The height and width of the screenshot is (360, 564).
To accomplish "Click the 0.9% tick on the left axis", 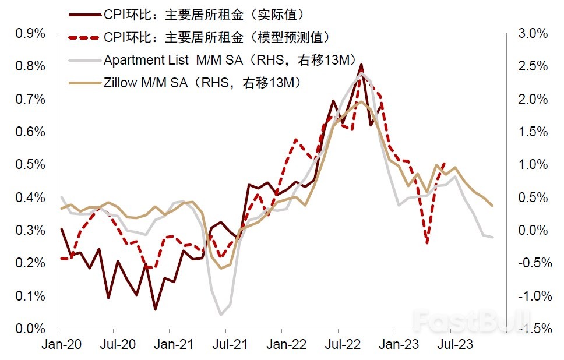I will click(29, 33).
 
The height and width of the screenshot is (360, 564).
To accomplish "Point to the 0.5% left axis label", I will click(29, 165).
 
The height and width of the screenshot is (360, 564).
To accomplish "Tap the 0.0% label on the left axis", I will click(29, 329).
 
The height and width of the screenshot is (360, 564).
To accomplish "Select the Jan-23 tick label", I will click(395, 344).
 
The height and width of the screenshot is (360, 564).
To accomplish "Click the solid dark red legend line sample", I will click(84, 14).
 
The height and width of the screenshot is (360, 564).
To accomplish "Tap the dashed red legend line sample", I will click(84, 37).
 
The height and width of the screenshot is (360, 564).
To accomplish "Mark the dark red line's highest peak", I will click(361, 65).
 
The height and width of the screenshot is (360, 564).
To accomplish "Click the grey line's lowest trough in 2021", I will click(221, 315).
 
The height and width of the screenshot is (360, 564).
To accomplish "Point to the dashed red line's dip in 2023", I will click(427, 242).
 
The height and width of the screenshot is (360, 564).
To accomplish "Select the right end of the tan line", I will click(492, 206).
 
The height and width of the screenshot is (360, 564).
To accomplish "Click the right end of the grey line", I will click(492, 237).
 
